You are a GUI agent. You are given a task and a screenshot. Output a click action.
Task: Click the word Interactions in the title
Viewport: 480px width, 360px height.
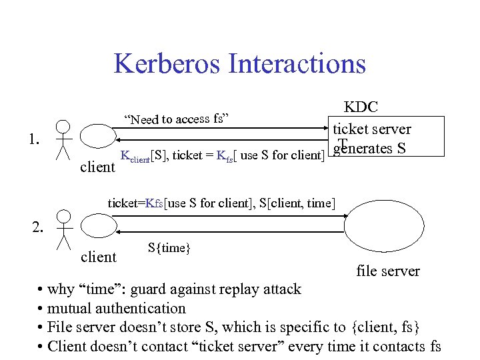[x=297, y=64]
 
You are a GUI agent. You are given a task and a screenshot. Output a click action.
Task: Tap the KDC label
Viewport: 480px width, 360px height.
[x=361, y=107]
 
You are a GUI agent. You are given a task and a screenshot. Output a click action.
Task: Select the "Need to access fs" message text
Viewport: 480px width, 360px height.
[x=177, y=119]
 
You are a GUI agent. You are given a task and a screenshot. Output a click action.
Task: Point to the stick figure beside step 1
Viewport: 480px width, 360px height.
[x=63, y=140]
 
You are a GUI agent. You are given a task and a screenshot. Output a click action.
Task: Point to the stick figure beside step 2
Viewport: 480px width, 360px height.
[x=63, y=228]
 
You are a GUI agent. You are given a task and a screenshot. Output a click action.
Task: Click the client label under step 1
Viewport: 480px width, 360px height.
[x=97, y=167]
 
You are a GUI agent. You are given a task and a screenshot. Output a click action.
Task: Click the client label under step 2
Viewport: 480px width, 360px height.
[x=98, y=257]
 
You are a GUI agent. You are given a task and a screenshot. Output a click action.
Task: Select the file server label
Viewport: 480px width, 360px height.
[x=388, y=271]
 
